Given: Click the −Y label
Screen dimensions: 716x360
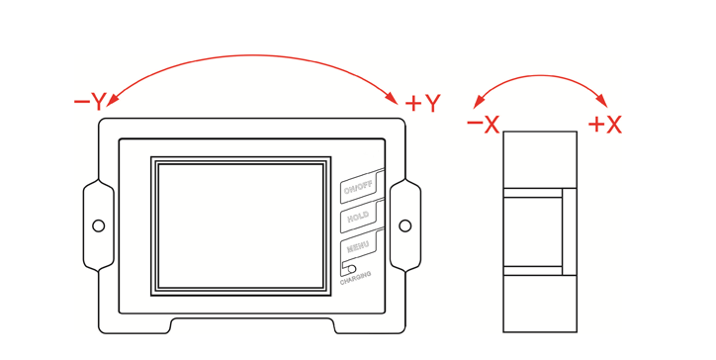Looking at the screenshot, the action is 90,102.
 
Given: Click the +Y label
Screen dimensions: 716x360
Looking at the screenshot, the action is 422,103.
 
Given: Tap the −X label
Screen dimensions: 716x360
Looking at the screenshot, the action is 484,124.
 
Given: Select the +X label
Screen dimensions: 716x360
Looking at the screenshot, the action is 605,124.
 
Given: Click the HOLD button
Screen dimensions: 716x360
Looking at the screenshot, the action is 358,218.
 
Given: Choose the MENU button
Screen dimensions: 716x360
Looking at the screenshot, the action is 358,246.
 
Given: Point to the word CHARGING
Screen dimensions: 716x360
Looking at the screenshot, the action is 355,278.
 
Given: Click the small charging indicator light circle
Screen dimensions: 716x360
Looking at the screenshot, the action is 352,269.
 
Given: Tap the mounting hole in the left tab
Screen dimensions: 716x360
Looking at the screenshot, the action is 98,225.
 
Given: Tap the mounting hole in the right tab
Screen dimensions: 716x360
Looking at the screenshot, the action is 405,225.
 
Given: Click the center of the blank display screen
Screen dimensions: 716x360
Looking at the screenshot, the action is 240,226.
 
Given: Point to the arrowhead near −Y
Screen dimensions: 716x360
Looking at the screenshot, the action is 111,100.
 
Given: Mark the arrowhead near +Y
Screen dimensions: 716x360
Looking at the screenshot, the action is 392,98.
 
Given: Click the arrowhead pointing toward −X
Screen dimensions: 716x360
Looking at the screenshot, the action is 478,102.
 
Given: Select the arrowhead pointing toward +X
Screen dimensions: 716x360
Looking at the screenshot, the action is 602,102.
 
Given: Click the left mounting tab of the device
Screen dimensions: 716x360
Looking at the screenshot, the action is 98,225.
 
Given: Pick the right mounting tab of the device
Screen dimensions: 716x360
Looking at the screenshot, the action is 405,225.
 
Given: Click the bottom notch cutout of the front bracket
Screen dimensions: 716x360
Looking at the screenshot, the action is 252,325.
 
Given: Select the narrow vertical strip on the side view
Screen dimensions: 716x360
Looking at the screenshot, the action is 570,231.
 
